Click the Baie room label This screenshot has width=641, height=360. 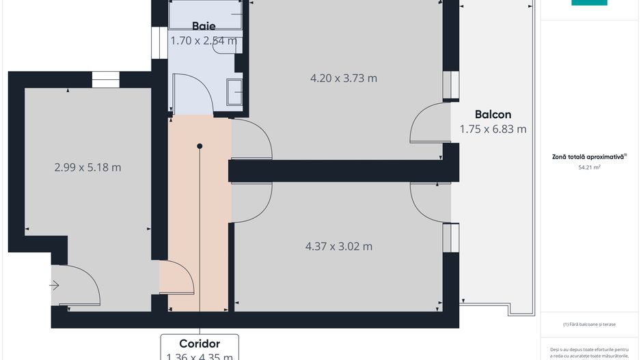[204, 26]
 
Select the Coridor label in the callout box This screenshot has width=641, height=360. [200, 344]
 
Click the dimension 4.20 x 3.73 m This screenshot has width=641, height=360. [343, 78]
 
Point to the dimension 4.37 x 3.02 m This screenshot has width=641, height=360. [339, 246]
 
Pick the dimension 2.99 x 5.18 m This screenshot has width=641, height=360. [87, 167]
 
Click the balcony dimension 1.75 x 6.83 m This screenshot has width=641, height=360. [493, 128]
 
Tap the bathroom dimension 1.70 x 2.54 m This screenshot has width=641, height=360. [204, 40]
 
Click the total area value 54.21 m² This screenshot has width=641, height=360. [589, 167]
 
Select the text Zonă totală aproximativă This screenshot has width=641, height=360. [588, 156]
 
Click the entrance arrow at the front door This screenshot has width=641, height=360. [55, 286]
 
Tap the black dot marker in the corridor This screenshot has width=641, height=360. [200, 146]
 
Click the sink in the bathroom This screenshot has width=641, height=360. [235, 91]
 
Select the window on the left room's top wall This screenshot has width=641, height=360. [105, 79]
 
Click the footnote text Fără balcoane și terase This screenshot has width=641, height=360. [588, 324]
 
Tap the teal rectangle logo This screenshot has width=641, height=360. [589, 2]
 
